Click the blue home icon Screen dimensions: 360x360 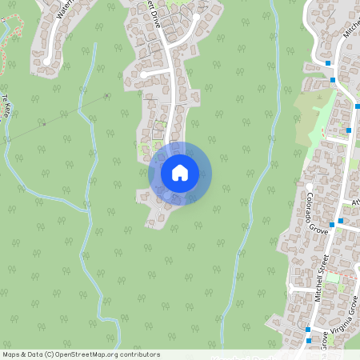point(179,173)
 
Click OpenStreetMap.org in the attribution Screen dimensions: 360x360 point(88,354)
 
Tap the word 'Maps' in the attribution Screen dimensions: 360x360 point(11,354)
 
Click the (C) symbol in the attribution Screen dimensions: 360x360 point(49,354)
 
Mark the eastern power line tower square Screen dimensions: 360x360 point(106,96)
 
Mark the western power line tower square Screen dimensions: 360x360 point(44,124)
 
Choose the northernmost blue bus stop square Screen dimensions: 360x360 point(328,62)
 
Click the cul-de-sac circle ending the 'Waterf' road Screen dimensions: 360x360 point(47,60)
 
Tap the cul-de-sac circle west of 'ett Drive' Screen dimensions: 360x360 point(142,75)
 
